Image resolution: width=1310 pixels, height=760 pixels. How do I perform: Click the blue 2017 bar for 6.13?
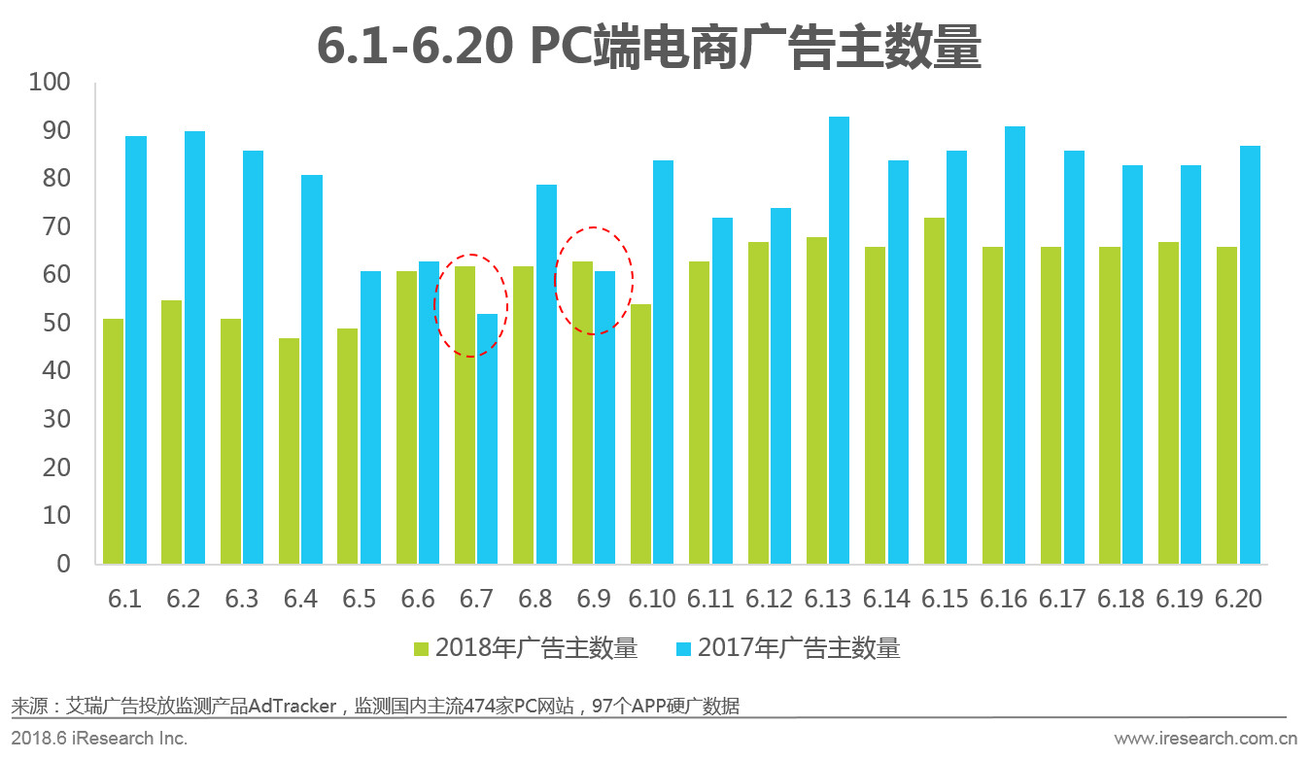point(839,340)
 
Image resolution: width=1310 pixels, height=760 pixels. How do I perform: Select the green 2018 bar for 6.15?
point(933,391)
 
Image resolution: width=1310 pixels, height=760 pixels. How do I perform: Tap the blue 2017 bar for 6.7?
point(487,438)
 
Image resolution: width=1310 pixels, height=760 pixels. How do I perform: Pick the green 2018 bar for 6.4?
point(289,451)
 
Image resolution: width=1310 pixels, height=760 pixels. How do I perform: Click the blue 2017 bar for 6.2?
point(194,347)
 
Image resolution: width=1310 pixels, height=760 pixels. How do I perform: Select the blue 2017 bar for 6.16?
point(1015,345)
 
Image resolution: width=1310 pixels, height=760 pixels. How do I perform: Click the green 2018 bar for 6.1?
point(113,441)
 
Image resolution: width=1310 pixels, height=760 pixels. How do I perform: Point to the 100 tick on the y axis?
point(50,83)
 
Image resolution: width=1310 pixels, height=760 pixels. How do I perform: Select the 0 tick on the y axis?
point(63,564)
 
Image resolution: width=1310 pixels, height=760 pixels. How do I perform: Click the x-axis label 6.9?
point(593,599)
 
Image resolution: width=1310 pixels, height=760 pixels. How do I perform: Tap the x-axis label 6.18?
point(1120,599)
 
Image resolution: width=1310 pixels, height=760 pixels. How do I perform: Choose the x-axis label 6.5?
point(359,599)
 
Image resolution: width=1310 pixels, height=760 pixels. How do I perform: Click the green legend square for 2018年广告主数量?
point(421,648)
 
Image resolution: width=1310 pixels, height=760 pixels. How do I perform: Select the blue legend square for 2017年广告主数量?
point(683,648)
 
